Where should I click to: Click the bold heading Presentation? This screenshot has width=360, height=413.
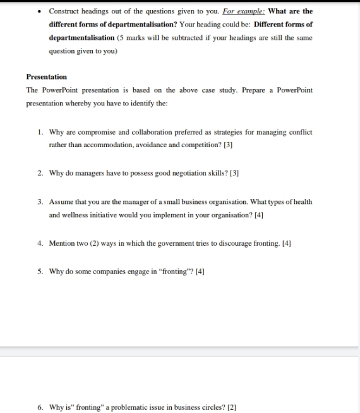[x=46, y=76]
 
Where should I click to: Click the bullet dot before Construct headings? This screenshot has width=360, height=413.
[x=39, y=11]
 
